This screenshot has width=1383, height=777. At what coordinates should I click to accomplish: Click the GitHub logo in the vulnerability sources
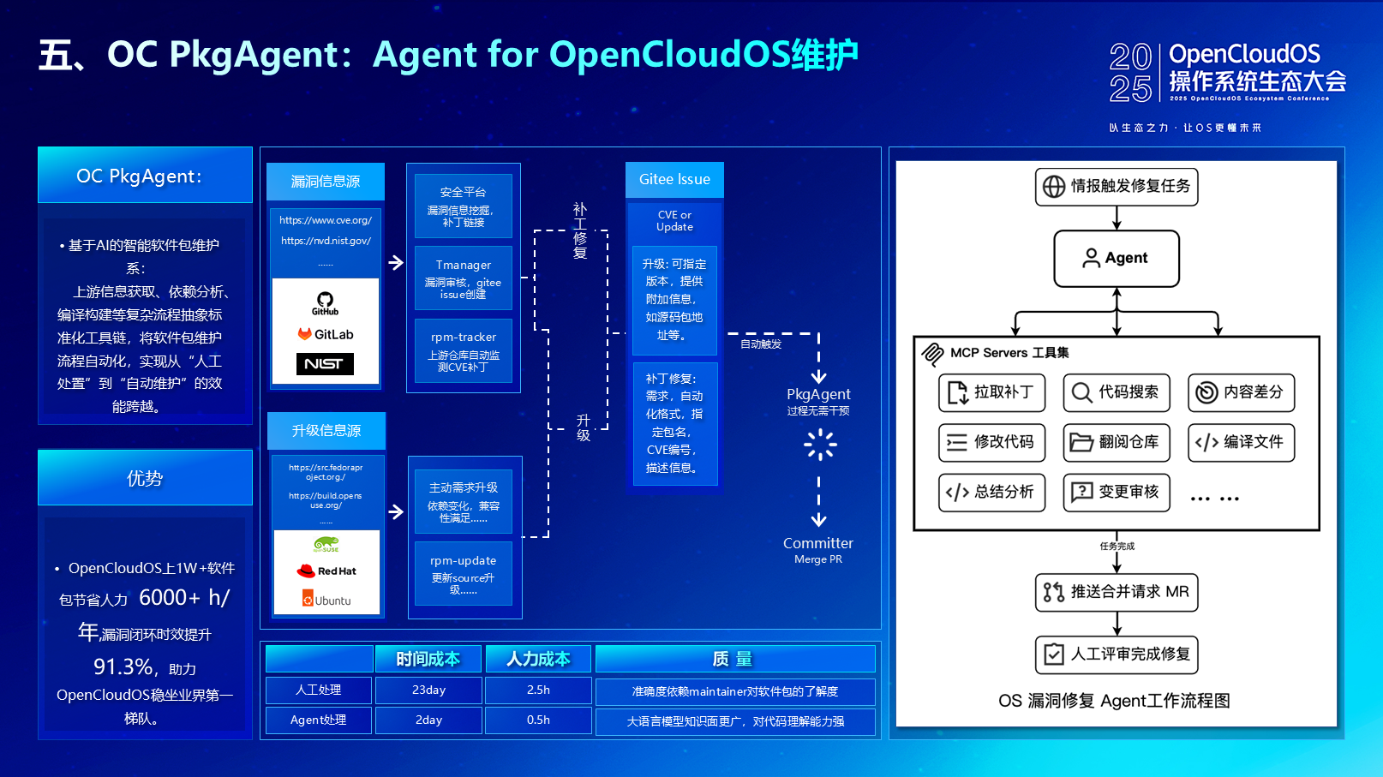click(325, 303)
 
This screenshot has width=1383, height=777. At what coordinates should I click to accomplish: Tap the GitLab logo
click(326, 334)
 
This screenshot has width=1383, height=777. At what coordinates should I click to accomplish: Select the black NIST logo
click(325, 364)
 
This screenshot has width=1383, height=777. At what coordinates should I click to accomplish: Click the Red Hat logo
click(326, 571)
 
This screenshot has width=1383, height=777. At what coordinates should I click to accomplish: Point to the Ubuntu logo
click(326, 600)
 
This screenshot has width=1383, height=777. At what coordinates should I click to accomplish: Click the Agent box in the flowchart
click(1117, 258)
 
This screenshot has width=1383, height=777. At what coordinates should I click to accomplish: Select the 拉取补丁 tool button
click(991, 392)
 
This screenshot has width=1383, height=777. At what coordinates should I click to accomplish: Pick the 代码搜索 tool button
click(1117, 392)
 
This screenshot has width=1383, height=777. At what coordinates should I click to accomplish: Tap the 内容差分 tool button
click(1241, 392)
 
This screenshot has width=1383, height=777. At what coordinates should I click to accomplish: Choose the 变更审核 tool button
click(1117, 492)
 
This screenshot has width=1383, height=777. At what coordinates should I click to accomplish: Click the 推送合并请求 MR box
click(1117, 592)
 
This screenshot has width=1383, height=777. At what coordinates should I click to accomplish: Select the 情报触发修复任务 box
click(1117, 187)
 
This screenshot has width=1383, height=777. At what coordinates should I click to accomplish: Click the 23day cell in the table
click(428, 690)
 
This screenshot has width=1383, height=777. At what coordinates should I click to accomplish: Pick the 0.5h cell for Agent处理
click(538, 720)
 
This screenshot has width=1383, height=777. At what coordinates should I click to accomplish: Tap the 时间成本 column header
click(428, 659)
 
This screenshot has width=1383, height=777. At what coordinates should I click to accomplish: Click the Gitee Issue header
click(674, 180)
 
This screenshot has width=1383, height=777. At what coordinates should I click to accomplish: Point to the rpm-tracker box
click(464, 350)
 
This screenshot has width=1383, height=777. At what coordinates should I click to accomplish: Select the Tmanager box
click(464, 278)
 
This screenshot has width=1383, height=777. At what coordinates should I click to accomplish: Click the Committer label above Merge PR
click(818, 543)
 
